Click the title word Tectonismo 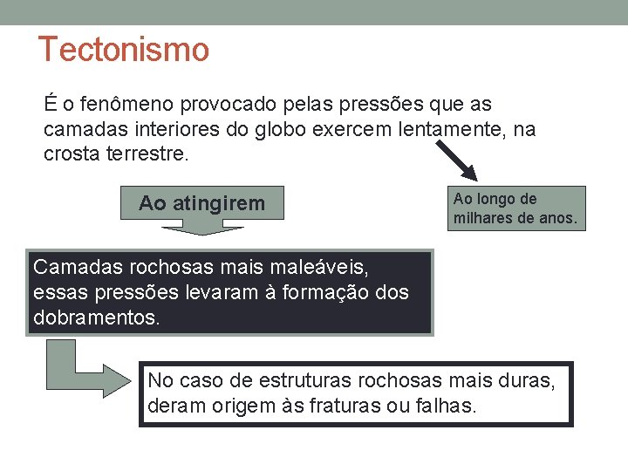(x=124, y=50)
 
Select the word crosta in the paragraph (x=71, y=154)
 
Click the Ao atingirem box (x=201, y=204)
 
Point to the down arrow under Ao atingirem (x=201, y=228)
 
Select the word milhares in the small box (x=482, y=218)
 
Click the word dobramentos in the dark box (x=96, y=317)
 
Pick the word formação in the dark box (x=323, y=291)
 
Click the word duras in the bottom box (x=529, y=380)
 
